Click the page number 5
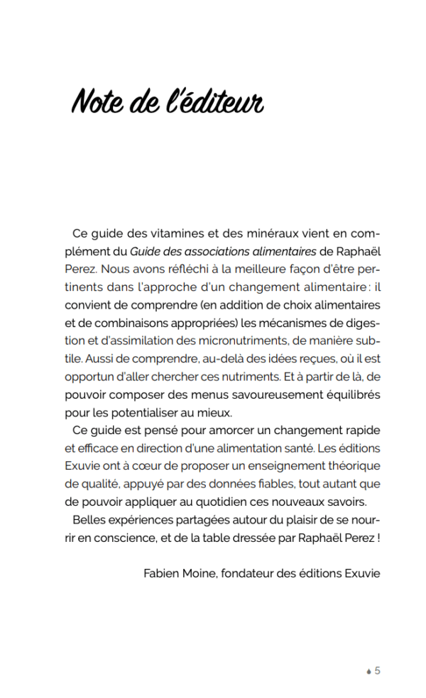pyautogui.click(x=378, y=670)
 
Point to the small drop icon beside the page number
pyautogui.click(x=368, y=671)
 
